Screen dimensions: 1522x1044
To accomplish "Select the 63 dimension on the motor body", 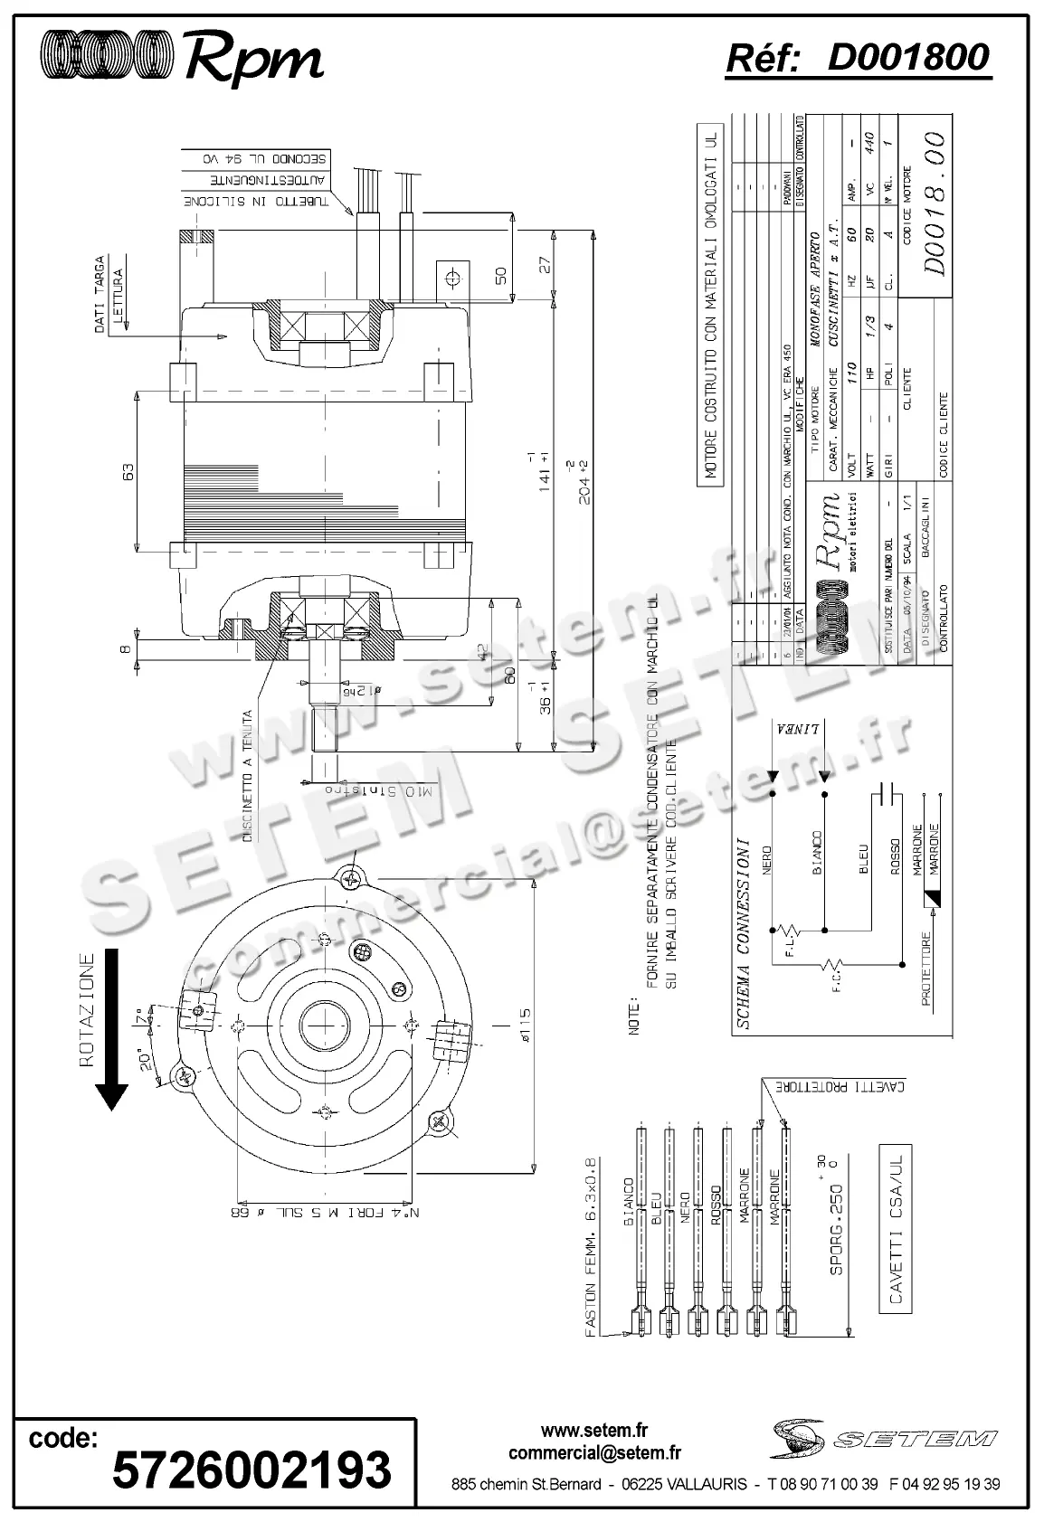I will click(x=128, y=471).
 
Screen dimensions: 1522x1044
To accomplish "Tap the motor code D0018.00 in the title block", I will click(x=934, y=203).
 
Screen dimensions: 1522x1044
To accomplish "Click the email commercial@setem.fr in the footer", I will click(x=594, y=1453).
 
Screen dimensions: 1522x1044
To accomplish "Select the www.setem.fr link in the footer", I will click(x=594, y=1431).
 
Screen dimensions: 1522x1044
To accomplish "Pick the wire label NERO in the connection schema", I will click(x=767, y=861).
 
